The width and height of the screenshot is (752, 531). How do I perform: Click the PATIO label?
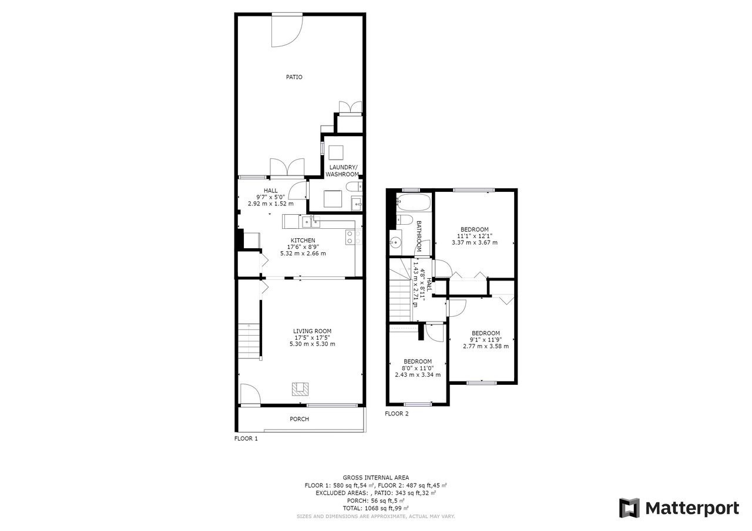294,77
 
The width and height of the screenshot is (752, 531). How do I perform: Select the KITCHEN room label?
303,241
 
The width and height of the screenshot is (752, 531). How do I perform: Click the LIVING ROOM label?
312,331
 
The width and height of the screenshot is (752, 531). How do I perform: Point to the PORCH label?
299,419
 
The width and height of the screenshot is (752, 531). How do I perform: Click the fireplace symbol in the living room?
300,389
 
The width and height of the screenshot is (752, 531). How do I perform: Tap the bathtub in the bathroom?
413,202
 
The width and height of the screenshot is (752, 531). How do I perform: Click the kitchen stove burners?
353,237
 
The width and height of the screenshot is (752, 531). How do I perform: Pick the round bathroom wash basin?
396,241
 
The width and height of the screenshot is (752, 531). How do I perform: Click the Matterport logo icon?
629,508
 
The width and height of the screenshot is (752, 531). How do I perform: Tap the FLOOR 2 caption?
397,414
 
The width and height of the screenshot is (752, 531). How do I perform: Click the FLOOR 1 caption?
246,438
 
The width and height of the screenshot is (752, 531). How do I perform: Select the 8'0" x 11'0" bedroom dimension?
418,368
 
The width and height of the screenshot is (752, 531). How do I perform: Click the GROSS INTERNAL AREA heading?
375,478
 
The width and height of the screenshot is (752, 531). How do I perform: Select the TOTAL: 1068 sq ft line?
375,508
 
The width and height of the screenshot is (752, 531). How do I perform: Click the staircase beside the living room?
249,341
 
